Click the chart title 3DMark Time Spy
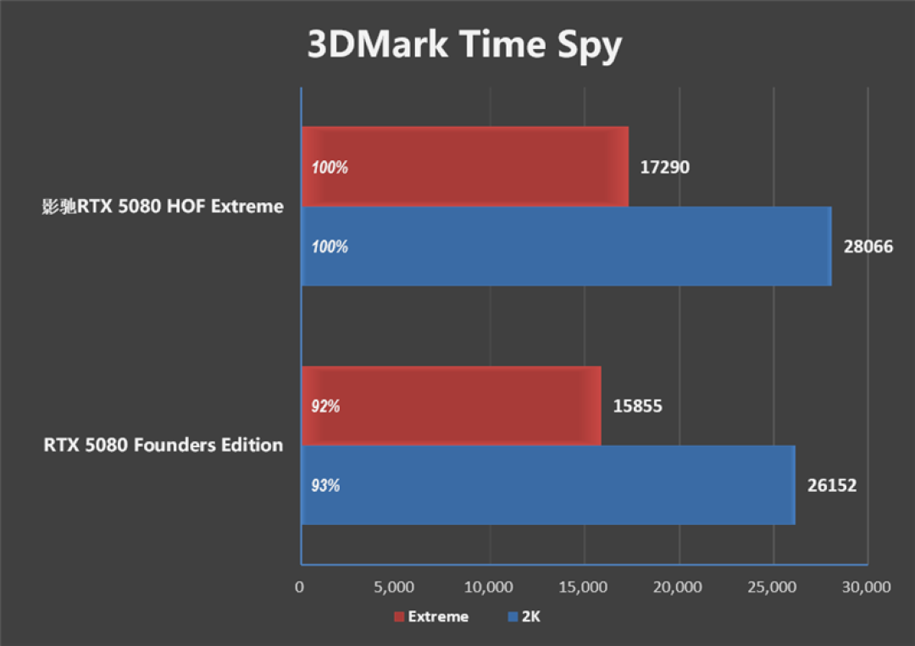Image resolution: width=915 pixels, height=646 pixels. pos(464,45)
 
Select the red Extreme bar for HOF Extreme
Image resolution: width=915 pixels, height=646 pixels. pos(465,167)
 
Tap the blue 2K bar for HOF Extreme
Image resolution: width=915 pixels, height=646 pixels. pos(567,246)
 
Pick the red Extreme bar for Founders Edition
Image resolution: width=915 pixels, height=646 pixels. pos(451,406)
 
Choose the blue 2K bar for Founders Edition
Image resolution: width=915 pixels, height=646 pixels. pos(548,485)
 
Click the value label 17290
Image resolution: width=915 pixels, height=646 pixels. pos(665,168)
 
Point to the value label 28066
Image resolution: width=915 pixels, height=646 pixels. pos(868,246)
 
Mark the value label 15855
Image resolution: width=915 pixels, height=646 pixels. pos(637,406)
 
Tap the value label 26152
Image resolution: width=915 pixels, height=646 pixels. pos(832,485)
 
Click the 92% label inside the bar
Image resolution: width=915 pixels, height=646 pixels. pos(325,406)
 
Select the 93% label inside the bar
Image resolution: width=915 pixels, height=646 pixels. pos(325,485)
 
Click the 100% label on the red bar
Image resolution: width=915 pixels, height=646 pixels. pos(330,168)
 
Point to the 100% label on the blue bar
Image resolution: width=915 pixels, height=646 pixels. pos(330,246)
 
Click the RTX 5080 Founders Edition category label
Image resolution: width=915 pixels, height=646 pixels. pos(164,444)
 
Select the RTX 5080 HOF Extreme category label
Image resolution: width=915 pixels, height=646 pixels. pos(163,206)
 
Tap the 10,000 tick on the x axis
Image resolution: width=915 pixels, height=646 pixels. pos(489,587)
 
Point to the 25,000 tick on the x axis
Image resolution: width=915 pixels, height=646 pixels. pos(772,587)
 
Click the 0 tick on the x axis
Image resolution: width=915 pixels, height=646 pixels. pos(299,587)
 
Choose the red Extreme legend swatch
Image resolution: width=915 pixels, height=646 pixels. pos(399,617)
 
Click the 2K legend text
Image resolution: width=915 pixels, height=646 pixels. pos(531,617)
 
